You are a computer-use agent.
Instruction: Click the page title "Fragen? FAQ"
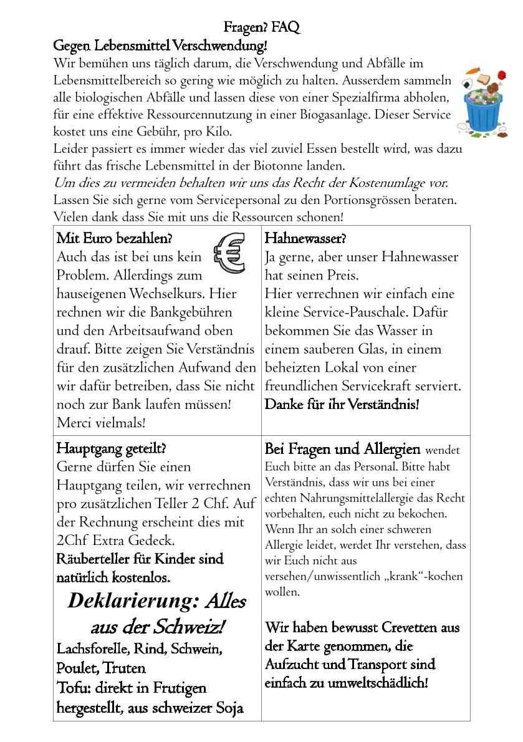(261, 27)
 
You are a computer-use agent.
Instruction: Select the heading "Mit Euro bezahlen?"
(114, 238)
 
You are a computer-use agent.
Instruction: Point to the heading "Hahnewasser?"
(305, 238)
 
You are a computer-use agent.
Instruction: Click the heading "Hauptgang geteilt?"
(112, 448)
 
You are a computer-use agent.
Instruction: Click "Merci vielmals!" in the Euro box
(101, 422)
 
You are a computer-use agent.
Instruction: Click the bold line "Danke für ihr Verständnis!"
(342, 404)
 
